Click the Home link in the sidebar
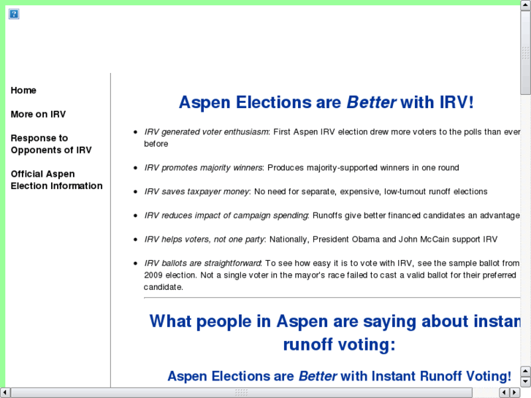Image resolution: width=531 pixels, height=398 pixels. tap(23, 91)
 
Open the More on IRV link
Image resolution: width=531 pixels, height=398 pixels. tap(38, 115)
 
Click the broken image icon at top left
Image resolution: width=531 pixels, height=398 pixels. tap(14, 14)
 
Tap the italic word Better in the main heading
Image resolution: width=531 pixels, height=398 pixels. tap(371, 102)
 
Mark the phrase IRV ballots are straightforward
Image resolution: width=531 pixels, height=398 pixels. tap(202, 263)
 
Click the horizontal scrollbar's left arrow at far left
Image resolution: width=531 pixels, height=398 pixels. tap(5, 393)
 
